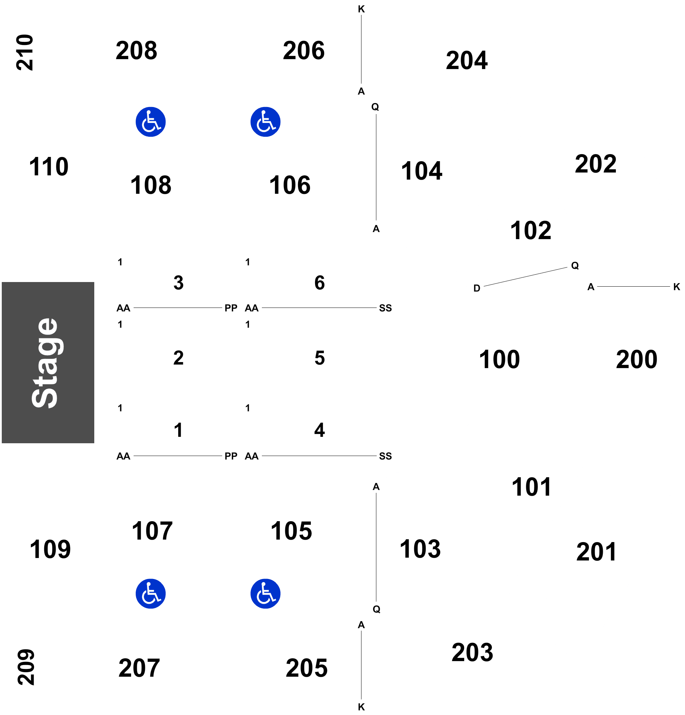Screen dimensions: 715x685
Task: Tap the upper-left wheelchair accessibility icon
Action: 150,122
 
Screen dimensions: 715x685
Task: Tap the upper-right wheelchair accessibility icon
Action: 265,122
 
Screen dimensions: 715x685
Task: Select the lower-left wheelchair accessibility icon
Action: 150,593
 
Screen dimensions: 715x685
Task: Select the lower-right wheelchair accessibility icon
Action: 265,593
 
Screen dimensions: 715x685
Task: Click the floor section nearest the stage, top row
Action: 177,284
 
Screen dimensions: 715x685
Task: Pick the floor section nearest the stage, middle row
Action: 177,357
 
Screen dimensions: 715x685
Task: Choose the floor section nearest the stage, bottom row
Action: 177,432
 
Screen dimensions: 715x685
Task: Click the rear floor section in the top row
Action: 318,284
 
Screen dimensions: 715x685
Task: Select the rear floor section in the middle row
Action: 318,357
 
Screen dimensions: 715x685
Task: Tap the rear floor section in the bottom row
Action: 318,432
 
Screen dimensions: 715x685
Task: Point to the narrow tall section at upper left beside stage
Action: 50,168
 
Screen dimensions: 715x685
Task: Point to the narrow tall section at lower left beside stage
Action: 50,547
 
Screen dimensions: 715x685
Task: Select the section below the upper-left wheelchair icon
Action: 151,184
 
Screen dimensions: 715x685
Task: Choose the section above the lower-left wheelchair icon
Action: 151,531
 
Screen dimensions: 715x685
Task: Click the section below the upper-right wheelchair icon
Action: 291,184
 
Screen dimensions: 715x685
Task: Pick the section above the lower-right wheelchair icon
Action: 291,531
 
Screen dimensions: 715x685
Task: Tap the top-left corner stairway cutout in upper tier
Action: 62,52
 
